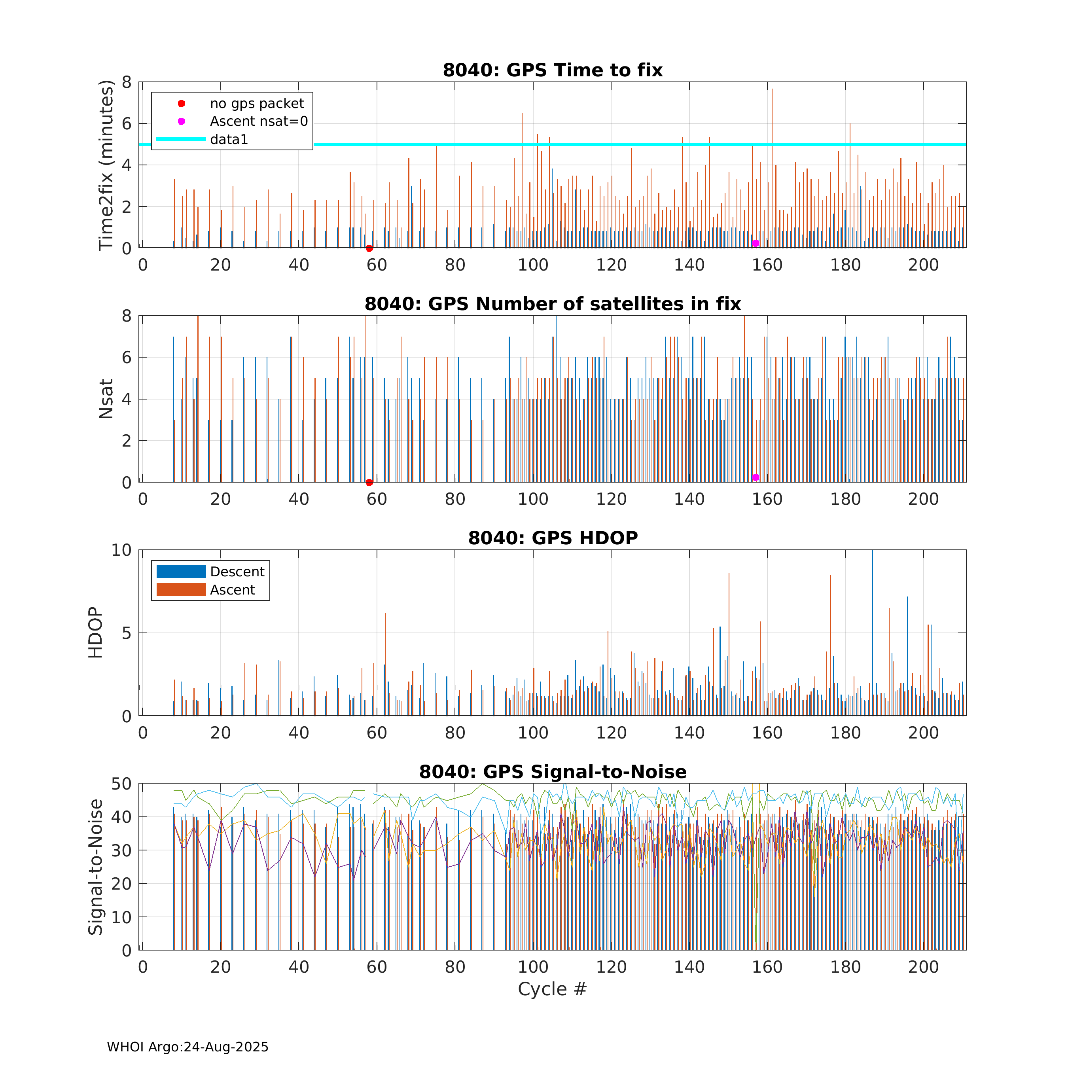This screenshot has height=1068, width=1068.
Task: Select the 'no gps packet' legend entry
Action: (256, 103)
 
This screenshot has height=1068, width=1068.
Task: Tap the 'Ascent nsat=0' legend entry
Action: (259, 121)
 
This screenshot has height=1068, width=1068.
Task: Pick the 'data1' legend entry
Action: (229, 139)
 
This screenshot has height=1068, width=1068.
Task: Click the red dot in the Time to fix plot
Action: (369, 248)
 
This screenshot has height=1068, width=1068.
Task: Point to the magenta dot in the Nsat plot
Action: (756, 477)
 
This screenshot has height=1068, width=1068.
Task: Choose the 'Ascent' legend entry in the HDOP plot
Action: (232, 590)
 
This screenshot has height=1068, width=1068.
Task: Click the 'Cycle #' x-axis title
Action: (552, 989)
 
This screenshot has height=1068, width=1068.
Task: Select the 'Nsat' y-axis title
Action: (106, 399)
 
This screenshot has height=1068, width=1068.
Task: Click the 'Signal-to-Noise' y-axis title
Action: (96, 867)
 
